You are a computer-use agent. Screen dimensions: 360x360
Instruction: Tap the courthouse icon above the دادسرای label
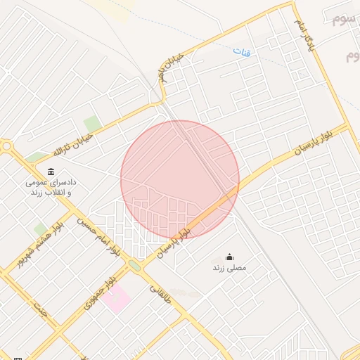coord(51,172)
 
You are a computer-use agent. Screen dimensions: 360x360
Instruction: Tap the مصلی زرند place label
coord(228,268)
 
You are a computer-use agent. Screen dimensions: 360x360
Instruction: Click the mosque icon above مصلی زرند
coord(229,257)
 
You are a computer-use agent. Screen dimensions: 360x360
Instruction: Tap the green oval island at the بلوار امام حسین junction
coord(134,265)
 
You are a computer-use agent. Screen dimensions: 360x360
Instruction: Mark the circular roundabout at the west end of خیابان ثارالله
coord(7,146)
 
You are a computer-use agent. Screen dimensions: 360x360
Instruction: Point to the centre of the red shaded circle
coord(180,180)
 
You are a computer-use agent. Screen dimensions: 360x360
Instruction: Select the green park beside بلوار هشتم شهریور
coord(41,229)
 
